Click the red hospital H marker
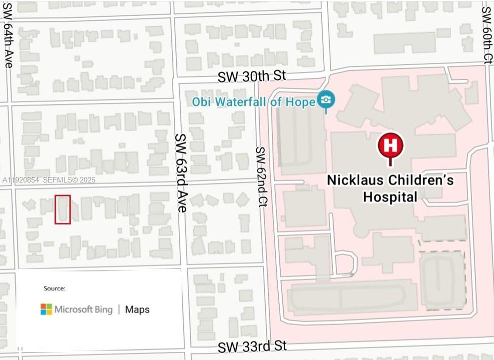pyautogui.click(x=390, y=145)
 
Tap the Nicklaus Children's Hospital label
pyautogui.click(x=390, y=188)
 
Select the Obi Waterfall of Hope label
pyautogui.click(x=254, y=101)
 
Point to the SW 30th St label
pyautogui.click(x=252, y=76)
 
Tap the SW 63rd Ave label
pyautogui.click(x=180, y=172)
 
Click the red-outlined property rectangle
pyautogui.click(x=62, y=209)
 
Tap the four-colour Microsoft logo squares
pyautogui.click(x=46, y=309)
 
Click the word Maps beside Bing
pyautogui.click(x=137, y=309)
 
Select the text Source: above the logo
pyautogui.click(x=54, y=288)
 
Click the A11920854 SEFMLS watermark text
pyautogui.click(x=48, y=180)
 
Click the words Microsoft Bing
pyautogui.click(x=83, y=309)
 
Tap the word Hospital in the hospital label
pyautogui.click(x=390, y=197)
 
